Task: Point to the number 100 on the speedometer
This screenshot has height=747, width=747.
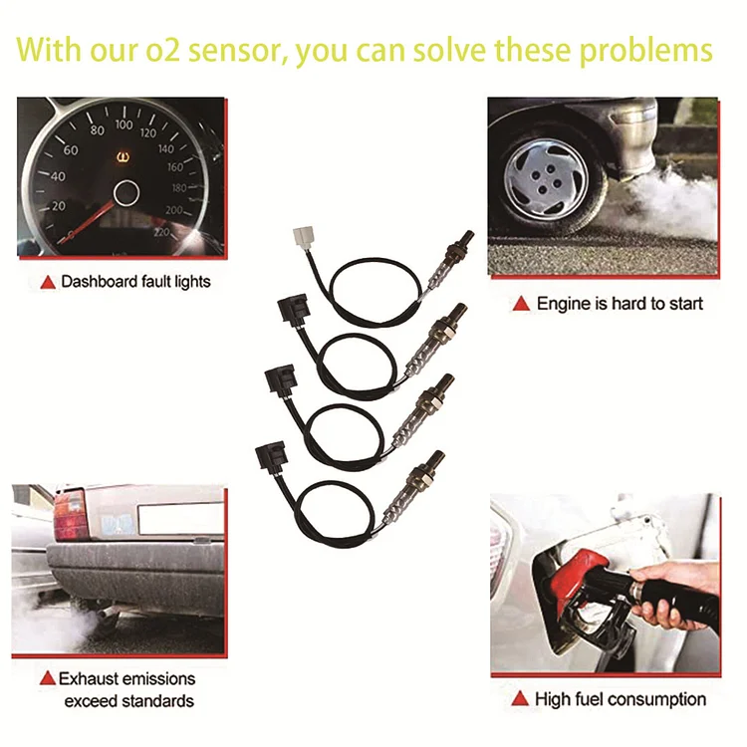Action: [x=124, y=124]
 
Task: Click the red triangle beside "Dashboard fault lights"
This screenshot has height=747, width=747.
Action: [x=47, y=283]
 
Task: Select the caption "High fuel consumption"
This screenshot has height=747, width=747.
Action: [x=621, y=699]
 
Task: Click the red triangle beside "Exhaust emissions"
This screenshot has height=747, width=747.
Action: [x=47, y=679]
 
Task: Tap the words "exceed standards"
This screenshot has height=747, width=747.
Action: [x=129, y=702]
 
